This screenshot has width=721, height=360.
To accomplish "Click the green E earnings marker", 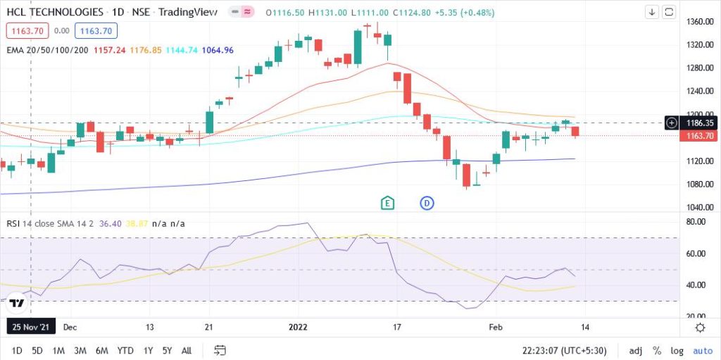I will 387,203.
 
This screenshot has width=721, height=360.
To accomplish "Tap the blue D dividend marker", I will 427,203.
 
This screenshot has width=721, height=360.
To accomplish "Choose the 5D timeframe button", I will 37,350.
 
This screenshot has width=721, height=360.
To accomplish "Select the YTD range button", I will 125,350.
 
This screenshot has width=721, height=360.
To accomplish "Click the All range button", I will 187,350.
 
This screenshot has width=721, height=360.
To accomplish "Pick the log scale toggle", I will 677,350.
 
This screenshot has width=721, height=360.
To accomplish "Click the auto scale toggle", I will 702,350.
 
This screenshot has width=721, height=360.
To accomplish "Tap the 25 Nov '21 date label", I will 30,327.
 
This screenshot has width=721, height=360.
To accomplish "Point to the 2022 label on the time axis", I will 299,327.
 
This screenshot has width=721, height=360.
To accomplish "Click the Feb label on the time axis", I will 496,327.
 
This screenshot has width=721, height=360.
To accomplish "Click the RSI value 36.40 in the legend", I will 110,223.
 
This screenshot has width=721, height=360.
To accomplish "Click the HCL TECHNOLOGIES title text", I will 54,12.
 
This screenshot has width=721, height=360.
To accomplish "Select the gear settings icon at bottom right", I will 700,327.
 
